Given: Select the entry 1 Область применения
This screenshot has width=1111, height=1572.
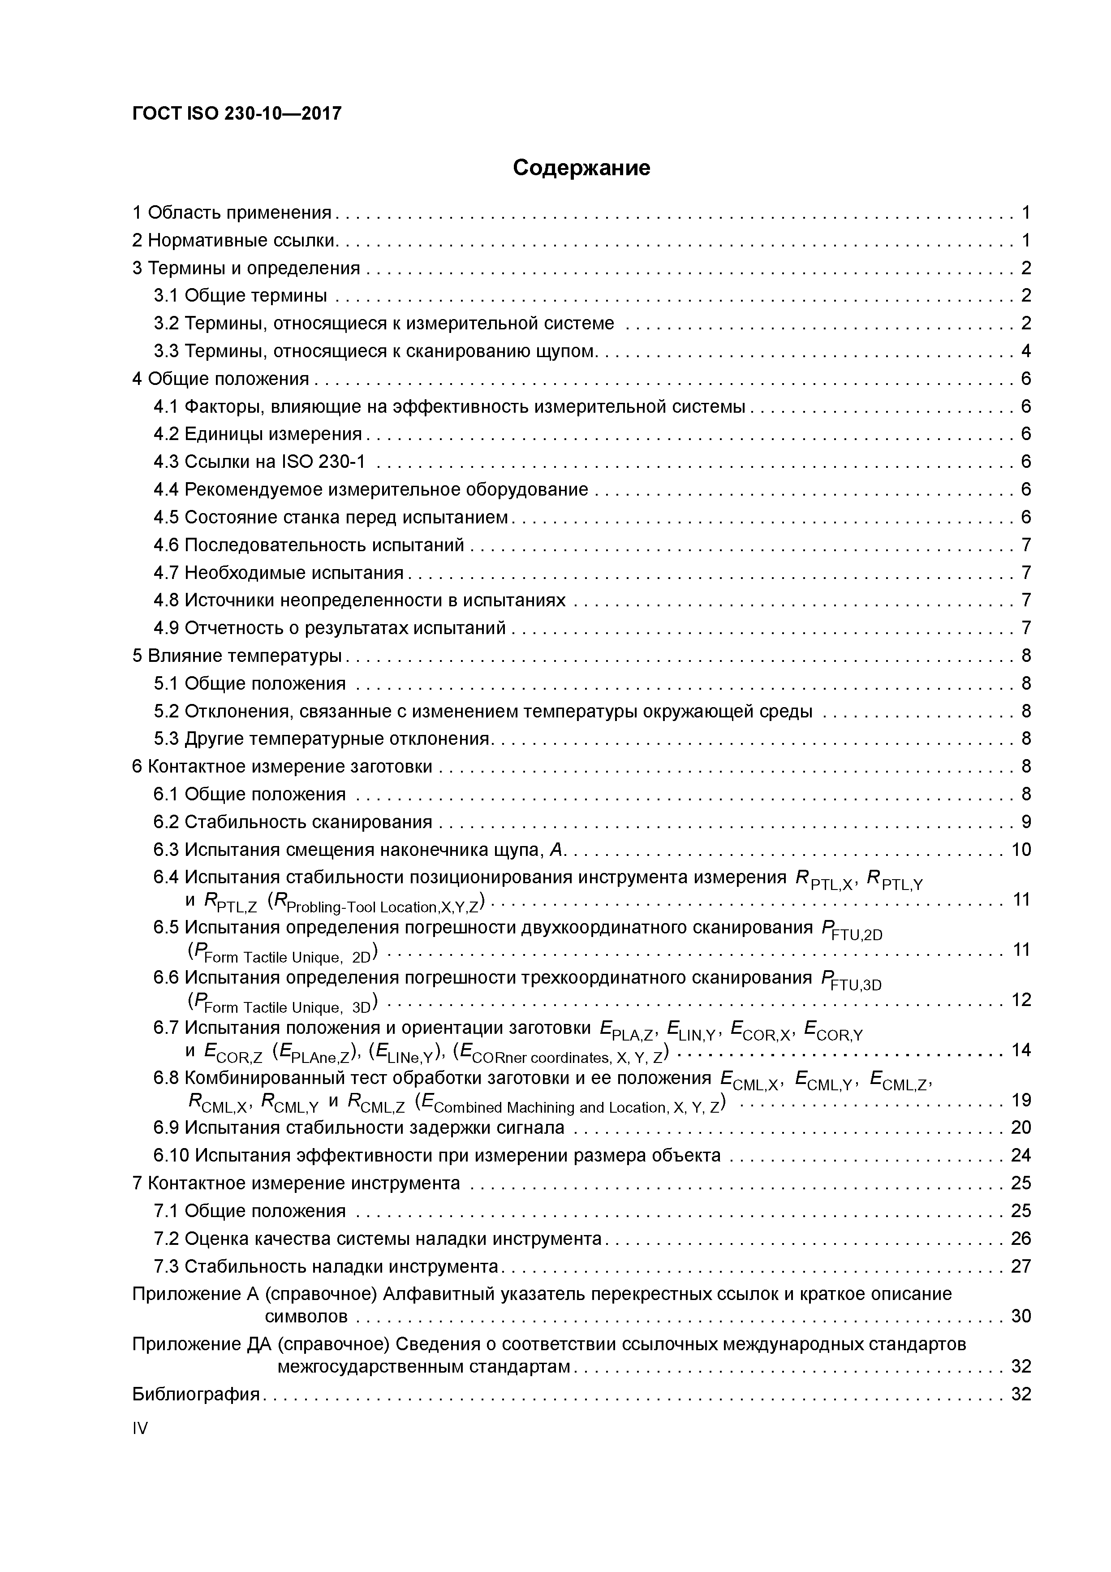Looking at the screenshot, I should [x=232, y=213].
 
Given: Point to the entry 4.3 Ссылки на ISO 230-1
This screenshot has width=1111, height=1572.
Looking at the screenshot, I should [x=259, y=462].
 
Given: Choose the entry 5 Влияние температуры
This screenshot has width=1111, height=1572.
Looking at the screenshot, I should [x=237, y=656].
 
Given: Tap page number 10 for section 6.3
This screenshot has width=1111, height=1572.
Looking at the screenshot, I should [x=1021, y=850].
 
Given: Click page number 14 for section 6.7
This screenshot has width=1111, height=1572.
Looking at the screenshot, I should [x=1021, y=1049].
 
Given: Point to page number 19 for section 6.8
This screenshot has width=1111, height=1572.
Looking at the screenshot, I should [x=1021, y=1100].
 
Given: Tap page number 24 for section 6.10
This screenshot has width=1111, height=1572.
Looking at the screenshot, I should [x=1021, y=1156].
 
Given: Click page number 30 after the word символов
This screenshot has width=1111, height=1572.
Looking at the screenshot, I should [x=1021, y=1317].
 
